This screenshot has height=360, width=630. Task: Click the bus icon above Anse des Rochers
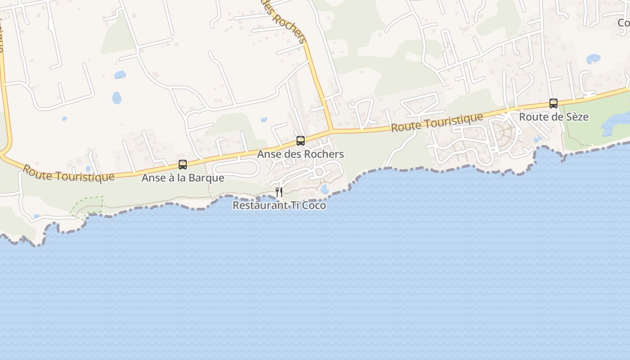pyautogui.click(x=301, y=141)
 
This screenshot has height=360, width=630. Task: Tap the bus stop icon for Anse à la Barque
pyautogui.click(x=183, y=165)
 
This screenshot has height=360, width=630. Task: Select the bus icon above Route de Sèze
pyautogui.click(x=553, y=103)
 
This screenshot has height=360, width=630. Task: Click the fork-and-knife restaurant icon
pyautogui.click(x=279, y=192)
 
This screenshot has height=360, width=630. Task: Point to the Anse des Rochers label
pyautogui.click(x=300, y=154)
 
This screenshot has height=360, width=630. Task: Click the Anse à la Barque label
pyautogui.click(x=183, y=178)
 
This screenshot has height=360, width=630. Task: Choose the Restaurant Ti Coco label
pyautogui.click(x=279, y=205)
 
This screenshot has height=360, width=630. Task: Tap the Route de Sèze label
pyautogui.click(x=553, y=117)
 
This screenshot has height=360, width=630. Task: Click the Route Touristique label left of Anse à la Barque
pyautogui.click(x=68, y=173)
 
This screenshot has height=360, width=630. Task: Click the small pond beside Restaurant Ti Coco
pyautogui.click(x=325, y=189)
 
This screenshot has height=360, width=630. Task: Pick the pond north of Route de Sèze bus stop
pyautogui.click(x=593, y=59)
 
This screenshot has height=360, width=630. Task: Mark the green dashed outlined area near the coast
pyautogui.click(x=88, y=206)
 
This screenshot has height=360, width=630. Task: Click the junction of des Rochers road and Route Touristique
pyautogui.click(x=332, y=130)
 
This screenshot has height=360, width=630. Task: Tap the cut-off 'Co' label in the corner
pyautogui.click(x=623, y=22)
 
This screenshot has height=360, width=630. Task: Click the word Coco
pyautogui.click(x=313, y=205)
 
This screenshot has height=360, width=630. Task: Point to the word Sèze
pyautogui.click(x=576, y=117)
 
